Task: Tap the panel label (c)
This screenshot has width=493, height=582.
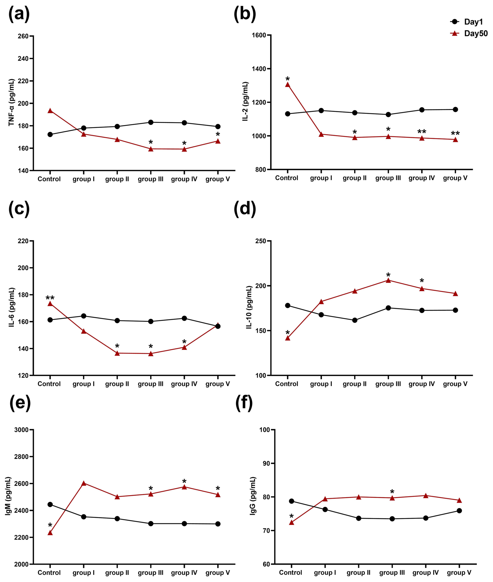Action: click(x=19, y=209)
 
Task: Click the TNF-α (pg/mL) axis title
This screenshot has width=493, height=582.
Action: click(x=11, y=103)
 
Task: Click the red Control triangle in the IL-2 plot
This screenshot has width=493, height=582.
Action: click(x=288, y=85)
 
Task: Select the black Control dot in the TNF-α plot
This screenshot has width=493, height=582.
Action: click(x=50, y=134)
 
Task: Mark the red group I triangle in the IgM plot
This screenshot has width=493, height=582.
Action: click(x=84, y=483)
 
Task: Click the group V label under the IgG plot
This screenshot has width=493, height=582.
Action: click(x=459, y=573)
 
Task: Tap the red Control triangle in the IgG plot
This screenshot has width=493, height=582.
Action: click(x=292, y=523)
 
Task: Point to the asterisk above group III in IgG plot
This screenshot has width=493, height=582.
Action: click(x=392, y=492)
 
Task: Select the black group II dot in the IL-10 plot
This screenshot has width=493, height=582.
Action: click(x=355, y=320)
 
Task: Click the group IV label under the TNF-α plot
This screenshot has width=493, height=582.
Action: click(x=184, y=179)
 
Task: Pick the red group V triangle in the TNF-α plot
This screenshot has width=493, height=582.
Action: click(x=218, y=141)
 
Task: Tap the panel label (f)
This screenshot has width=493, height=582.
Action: click(x=244, y=403)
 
